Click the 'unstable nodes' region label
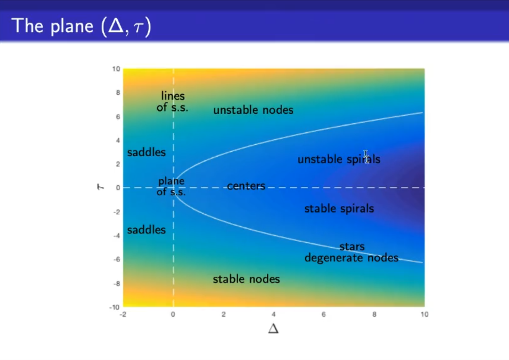point(253,110)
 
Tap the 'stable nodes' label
point(246,279)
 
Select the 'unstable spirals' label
point(339,159)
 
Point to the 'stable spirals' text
point(339,209)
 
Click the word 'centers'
point(246,186)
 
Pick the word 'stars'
point(352,247)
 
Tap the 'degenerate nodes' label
point(351,258)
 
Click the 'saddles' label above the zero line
point(146,152)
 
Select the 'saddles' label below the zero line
point(146,230)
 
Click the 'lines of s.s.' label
point(172,101)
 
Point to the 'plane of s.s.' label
point(171,186)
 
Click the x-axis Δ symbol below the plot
point(274,329)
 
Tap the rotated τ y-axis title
point(100,187)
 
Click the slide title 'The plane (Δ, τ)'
point(81,26)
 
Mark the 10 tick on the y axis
point(116,69)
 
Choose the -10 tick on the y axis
point(114,307)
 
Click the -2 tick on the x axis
point(123,314)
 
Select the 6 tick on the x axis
point(323,314)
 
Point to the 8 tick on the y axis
point(118,93)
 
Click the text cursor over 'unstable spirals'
point(366,157)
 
